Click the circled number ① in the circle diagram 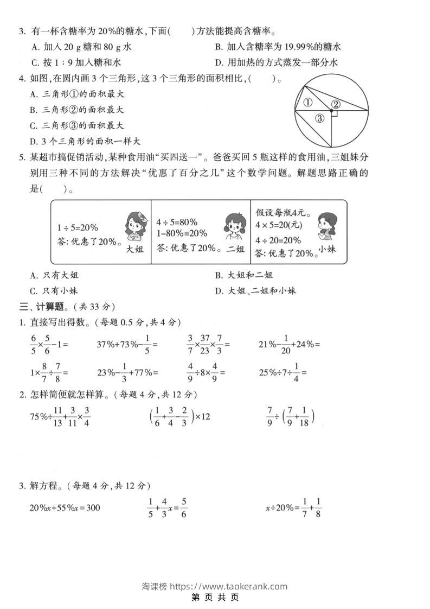308,102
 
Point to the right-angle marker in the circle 334,114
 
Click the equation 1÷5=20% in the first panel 78,227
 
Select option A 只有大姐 55,275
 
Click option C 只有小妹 55,290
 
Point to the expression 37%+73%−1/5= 127,344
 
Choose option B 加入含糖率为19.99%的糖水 278,47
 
